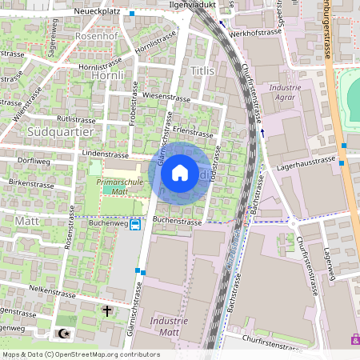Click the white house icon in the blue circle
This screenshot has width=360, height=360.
point(180,173)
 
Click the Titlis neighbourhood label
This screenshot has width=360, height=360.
point(203,71)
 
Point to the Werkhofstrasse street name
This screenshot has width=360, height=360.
point(250,35)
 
